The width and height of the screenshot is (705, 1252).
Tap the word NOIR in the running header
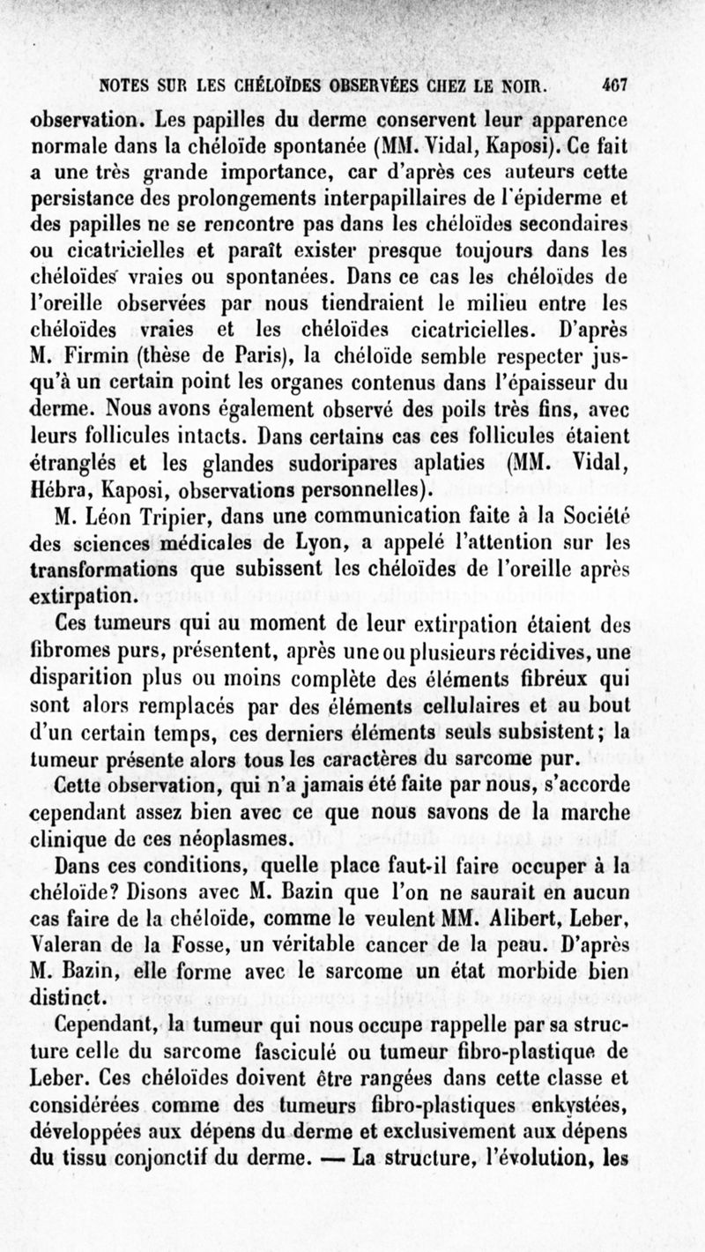point(523,87)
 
